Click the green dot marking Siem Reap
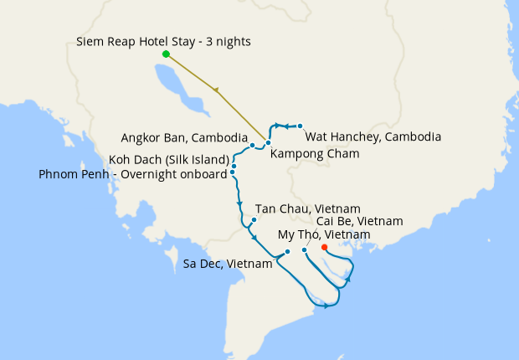pos(166,54)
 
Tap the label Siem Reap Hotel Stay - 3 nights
pos(163,41)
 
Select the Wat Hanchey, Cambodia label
pos(373,136)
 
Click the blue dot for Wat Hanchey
pos(300,126)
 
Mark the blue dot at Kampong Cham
pos(268,143)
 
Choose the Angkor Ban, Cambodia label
pos(184,137)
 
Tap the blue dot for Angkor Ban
pos(252,146)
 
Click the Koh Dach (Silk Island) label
pos(169,159)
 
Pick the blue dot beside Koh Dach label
pos(234,166)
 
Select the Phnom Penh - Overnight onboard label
pos(133,174)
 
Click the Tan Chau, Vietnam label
pos(307,208)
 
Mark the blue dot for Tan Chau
pos(253,221)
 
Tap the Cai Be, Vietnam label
pos(360,221)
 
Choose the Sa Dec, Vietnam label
pos(228,264)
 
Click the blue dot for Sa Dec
pos(287,251)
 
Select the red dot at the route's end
pos(324,247)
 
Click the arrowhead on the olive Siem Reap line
pos(218,90)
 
